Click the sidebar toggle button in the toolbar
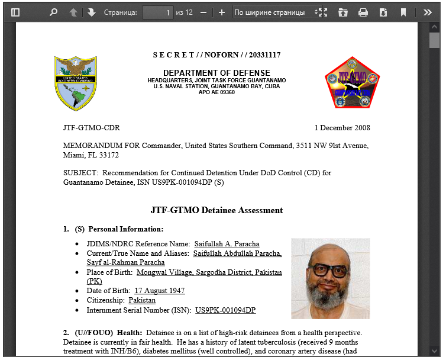click(x=15, y=12)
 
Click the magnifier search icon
click(x=54, y=12)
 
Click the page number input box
click(x=157, y=12)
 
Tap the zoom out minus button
click(x=203, y=12)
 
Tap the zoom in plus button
click(x=221, y=12)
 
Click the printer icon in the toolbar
click(x=363, y=12)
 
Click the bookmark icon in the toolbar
click(x=403, y=12)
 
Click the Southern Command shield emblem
click(x=75, y=83)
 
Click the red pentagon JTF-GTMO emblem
click(x=352, y=83)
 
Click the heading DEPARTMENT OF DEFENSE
click(x=216, y=73)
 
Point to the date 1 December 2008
click(x=342, y=128)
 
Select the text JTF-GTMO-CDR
click(x=91, y=128)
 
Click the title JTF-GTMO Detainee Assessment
click(x=216, y=210)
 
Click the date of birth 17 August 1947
click(x=159, y=291)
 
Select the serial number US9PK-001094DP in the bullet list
click(x=225, y=310)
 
